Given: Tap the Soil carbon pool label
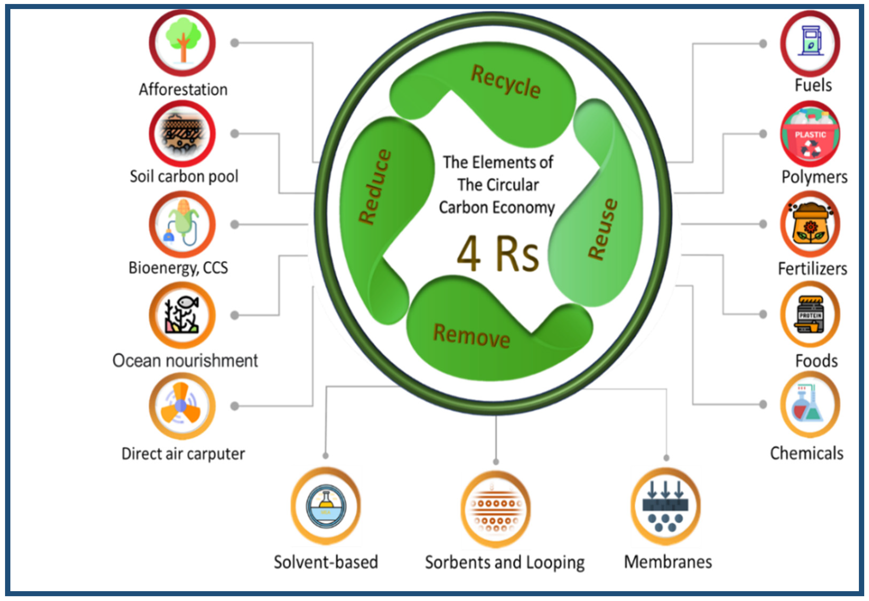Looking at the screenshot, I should pos(184,176).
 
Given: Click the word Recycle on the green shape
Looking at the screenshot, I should pos(505,82).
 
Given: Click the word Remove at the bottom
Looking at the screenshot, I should pos(471,335).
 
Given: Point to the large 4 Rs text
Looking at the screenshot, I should pos(498,253).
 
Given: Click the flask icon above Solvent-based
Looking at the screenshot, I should pos(326,506).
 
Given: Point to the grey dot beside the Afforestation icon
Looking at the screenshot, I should pos(234,43).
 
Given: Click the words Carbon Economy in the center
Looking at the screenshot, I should pos(497,207).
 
